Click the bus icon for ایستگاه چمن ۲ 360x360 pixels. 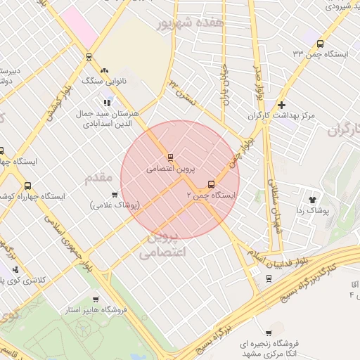coord(211,185)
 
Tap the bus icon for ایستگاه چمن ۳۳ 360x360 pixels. coord(320,43)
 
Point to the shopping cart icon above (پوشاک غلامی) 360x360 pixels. coord(114,195)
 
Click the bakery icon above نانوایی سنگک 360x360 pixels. coord(105,70)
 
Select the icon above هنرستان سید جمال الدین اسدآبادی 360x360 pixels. coord(107,103)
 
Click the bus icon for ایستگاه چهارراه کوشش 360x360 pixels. coord(27,186)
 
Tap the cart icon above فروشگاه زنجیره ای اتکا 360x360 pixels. coord(269,333)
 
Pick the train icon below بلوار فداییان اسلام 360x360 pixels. coord(268,278)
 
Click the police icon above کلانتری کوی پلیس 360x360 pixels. coord(15,269)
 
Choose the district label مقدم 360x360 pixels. coord(98,177)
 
